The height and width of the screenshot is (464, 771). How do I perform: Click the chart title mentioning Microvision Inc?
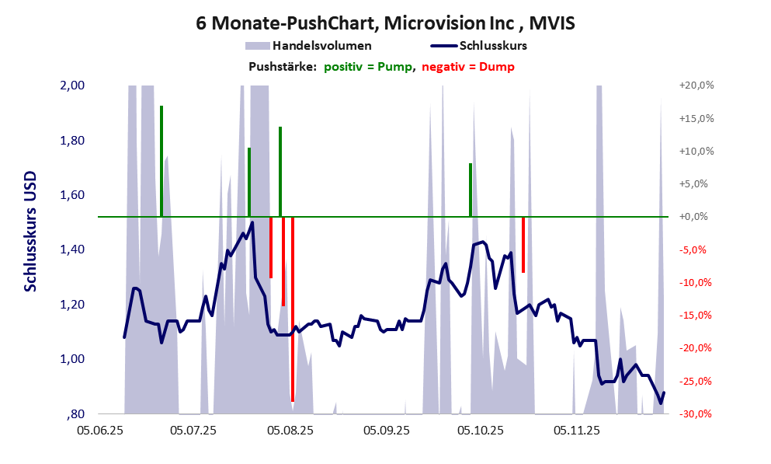click(385, 24)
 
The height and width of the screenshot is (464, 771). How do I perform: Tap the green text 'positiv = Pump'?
click(367, 67)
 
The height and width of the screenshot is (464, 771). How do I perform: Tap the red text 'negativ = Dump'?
click(467, 67)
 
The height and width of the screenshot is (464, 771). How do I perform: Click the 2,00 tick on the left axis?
click(72, 85)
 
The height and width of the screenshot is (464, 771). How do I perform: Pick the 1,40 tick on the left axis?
click(72, 249)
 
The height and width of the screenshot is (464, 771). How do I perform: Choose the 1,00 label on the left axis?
click(72, 359)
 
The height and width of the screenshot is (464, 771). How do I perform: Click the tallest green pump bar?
click(161, 161)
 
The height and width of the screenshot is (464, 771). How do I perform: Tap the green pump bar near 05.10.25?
click(471, 190)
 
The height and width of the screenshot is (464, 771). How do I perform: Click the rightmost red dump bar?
click(523, 245)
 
